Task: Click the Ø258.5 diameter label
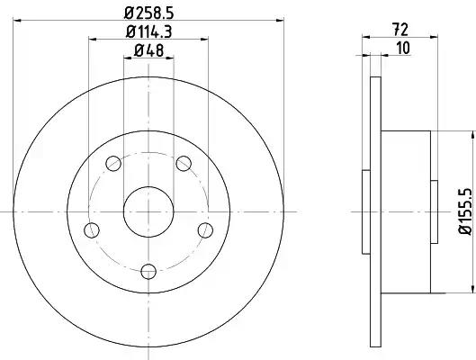point(148,13)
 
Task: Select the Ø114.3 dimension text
point(148,31)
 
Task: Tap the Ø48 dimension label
point(148,50)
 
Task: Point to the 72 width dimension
point(400,30)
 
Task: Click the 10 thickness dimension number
point(403,49)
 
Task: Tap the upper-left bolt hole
point(113,163)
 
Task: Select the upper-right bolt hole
point(184,163)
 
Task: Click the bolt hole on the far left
point(92,230)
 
